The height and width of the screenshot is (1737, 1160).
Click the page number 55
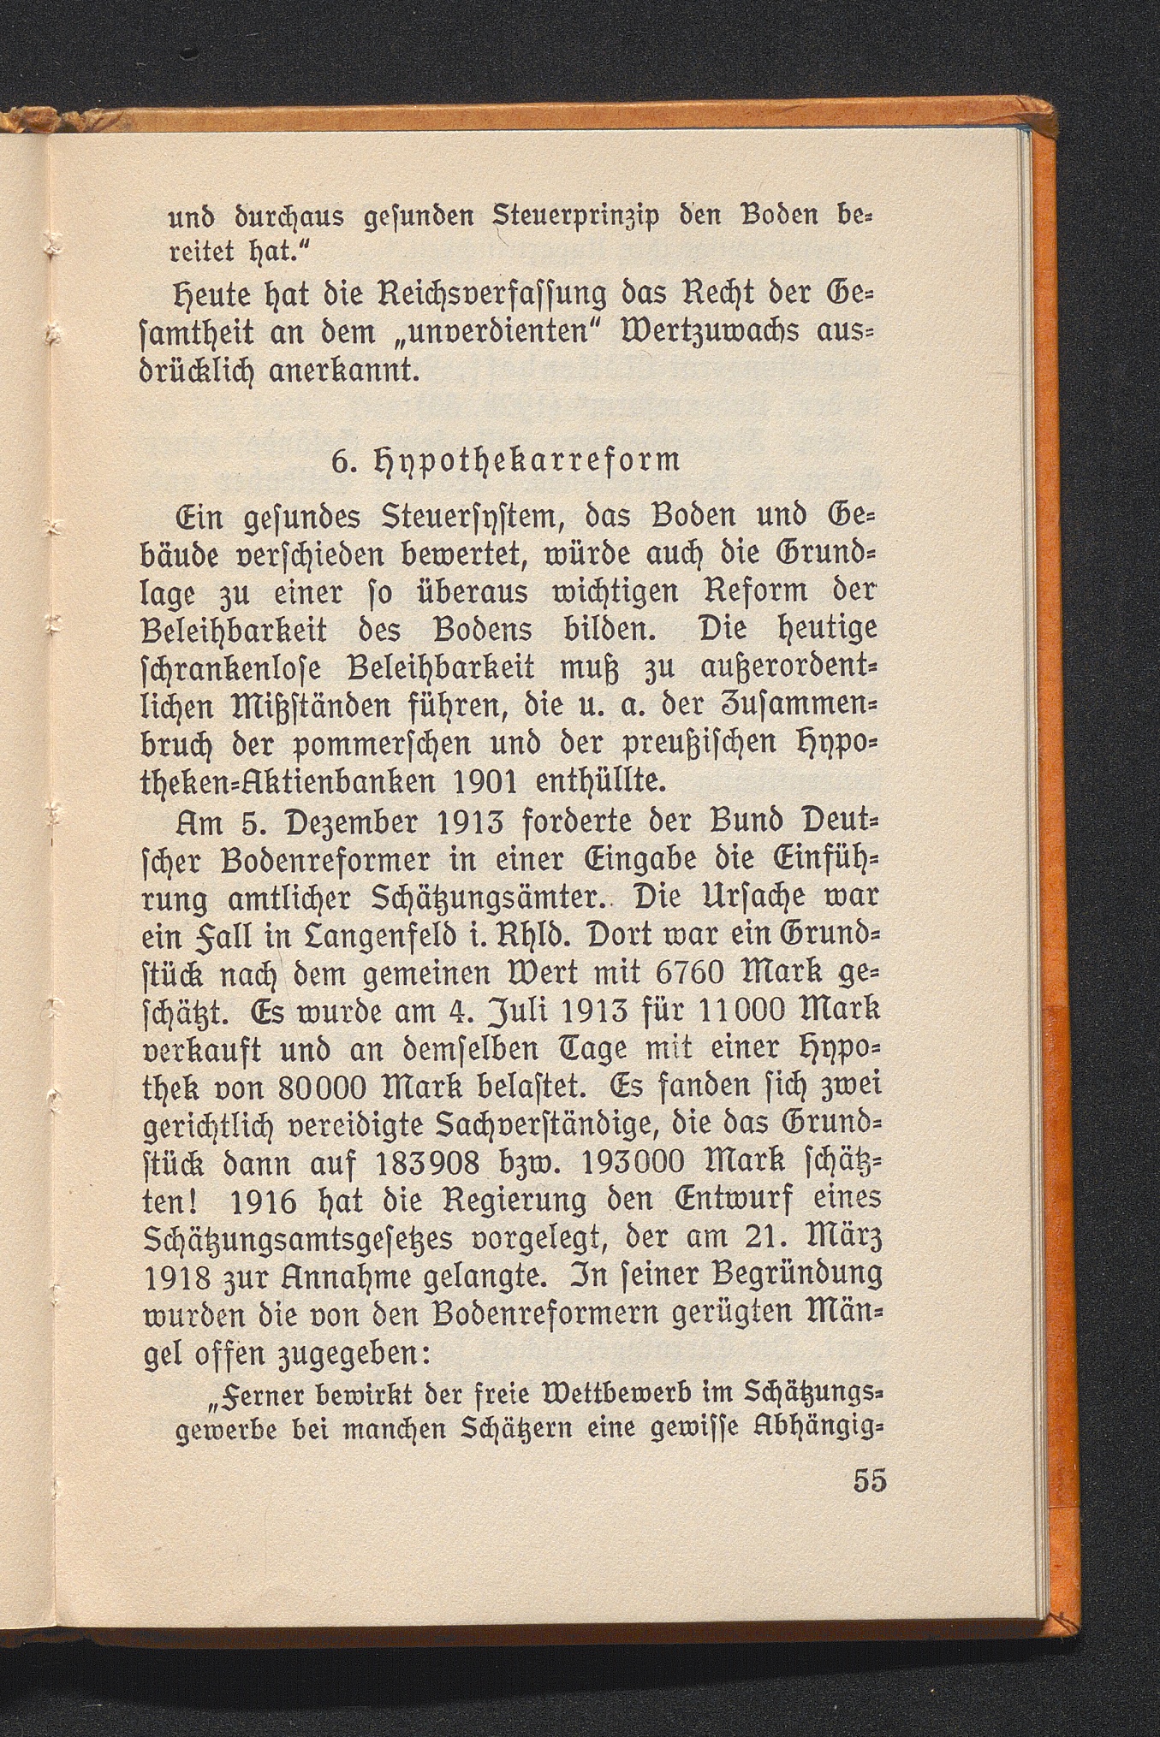869,1481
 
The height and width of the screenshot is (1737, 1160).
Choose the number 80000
324,1088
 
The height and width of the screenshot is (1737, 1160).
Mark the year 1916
263,1202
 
